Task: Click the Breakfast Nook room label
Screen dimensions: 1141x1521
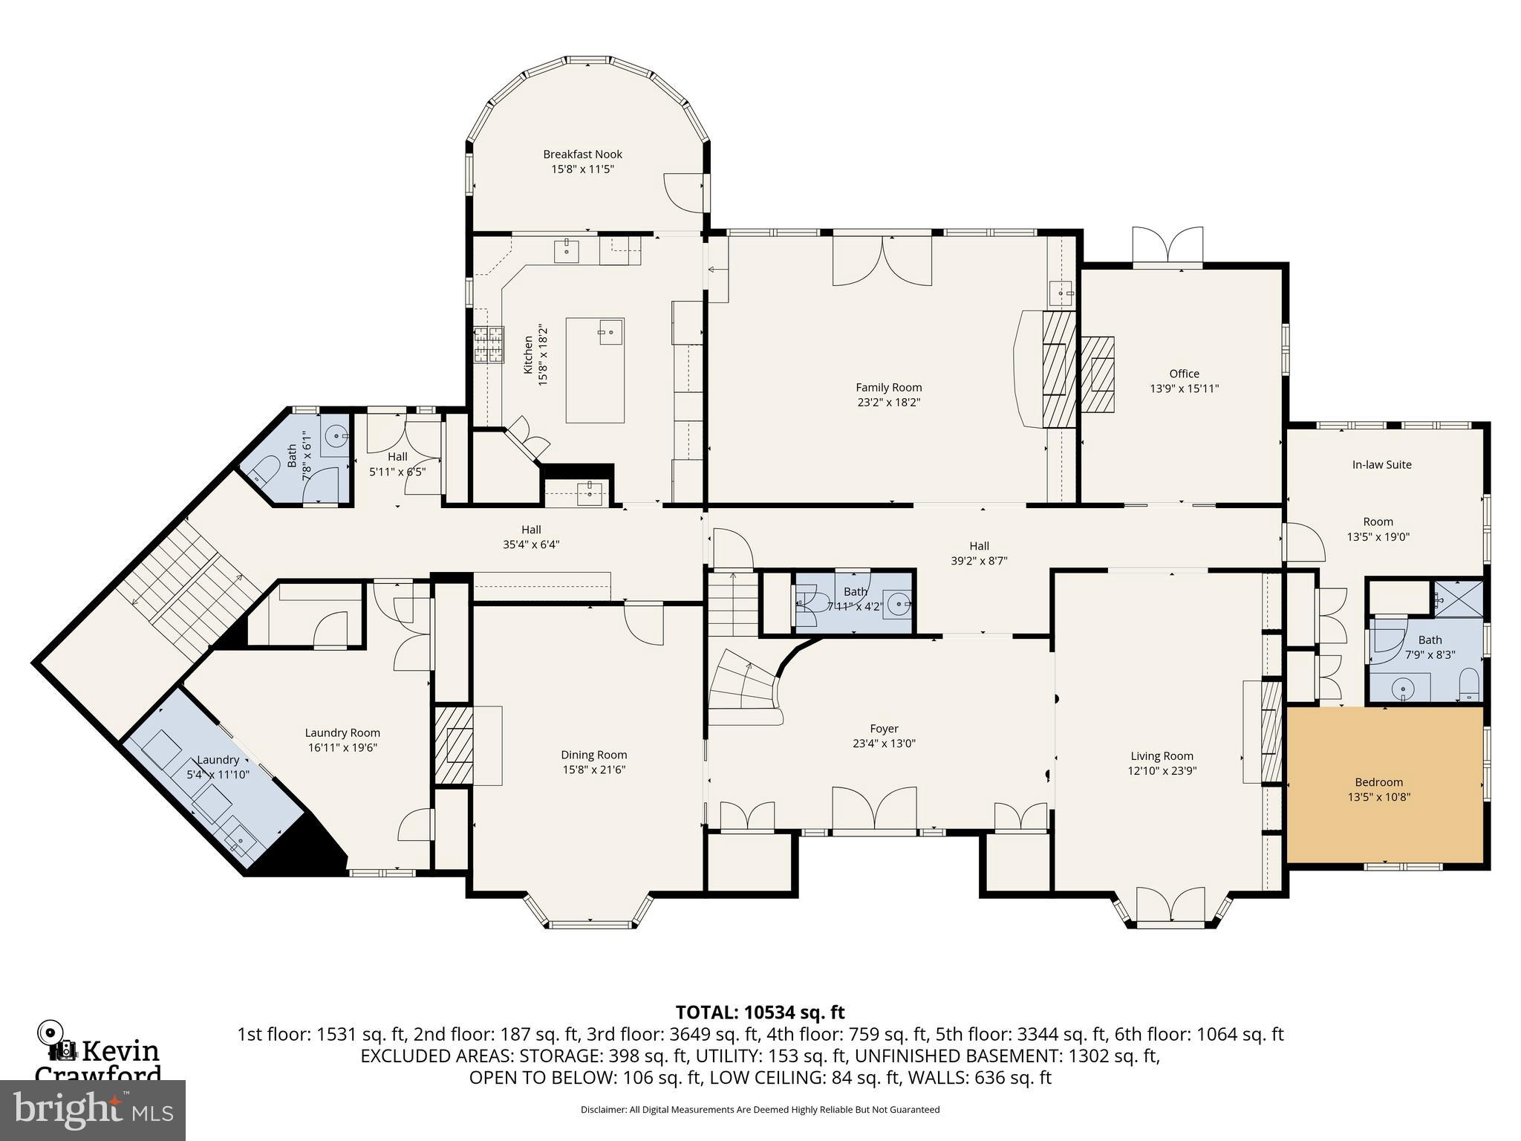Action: coord(582,155)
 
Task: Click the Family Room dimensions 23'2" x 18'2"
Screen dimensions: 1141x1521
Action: coord(888,403)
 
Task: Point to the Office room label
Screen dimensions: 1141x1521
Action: coord(1184,374)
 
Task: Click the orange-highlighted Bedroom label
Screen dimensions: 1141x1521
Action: coord(1378,782)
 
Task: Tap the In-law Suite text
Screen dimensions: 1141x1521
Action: coord(1381,465)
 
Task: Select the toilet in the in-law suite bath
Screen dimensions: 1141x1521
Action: coord(1469,685)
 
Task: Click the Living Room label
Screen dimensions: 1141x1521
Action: coord(1162,756)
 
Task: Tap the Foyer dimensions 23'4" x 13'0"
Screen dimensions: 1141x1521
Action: coord(884,744)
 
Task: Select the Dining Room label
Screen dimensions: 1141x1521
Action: coord(593,755)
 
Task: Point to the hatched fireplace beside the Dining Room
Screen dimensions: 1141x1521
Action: coord(454,745)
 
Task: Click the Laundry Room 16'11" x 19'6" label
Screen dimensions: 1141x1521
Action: coord(342,740)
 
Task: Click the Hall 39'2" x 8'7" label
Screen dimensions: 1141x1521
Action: coord(979,553)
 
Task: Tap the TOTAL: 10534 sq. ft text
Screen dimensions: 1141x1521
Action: coord(759,1012)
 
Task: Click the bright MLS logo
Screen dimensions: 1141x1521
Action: coord(93,1110)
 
